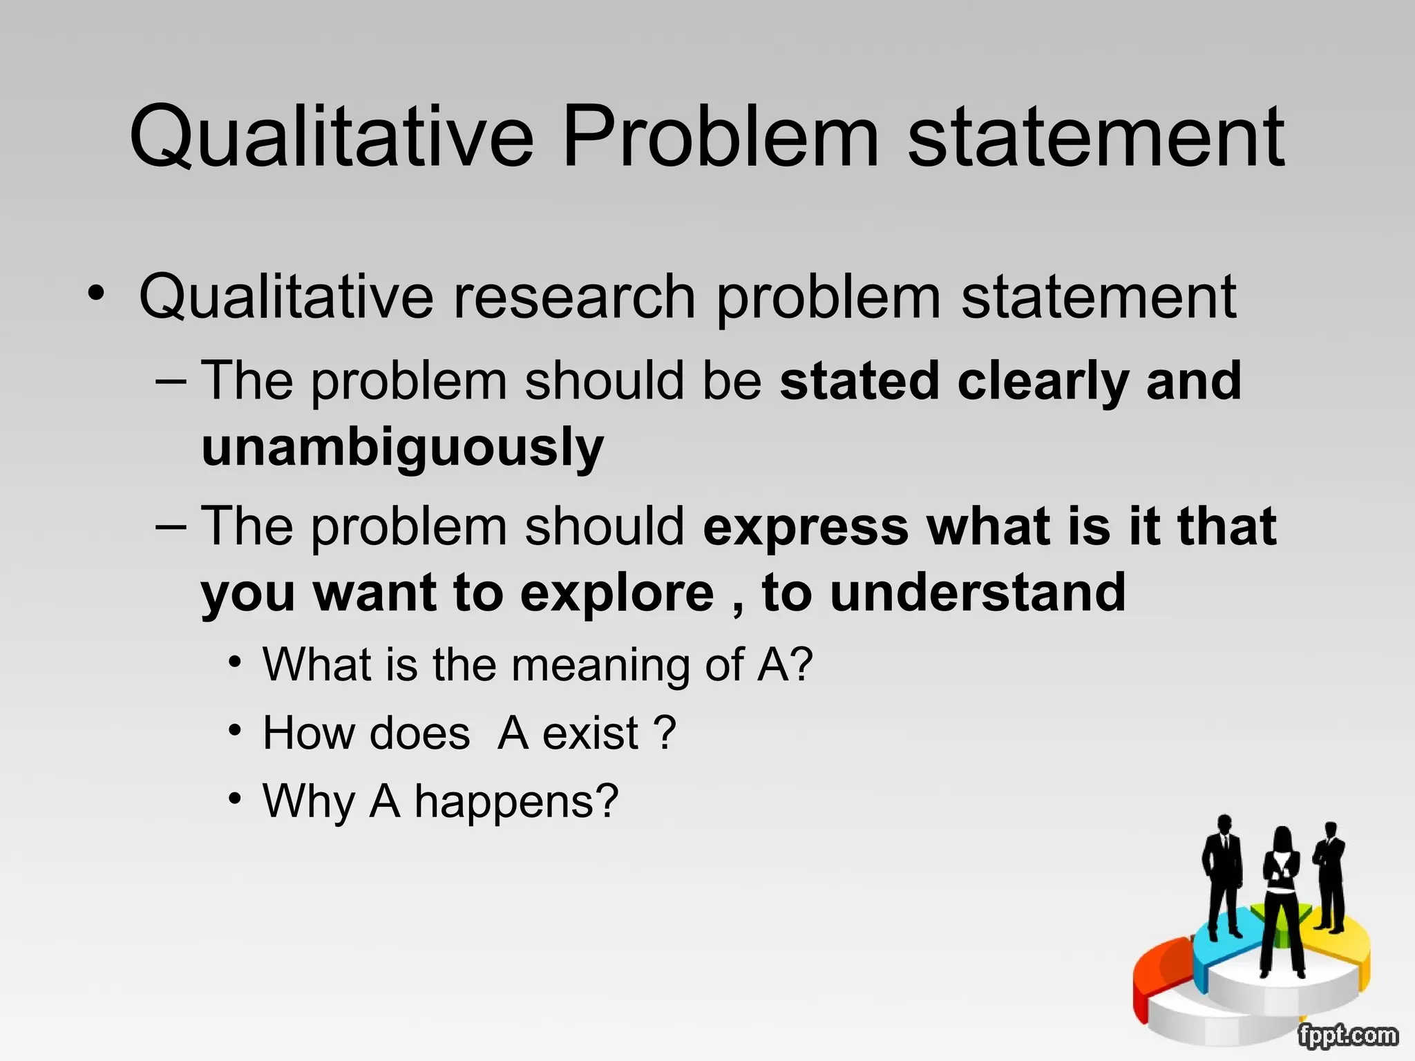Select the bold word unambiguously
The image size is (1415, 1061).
(x=403, y=448)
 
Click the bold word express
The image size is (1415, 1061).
(x=806, y=526)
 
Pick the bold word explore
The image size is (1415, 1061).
(x=617, y=593)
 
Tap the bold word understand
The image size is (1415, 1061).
(x=978, y=593)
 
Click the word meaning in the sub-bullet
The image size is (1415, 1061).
(x=600, y=665)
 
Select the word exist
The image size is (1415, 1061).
(x=591, y=733)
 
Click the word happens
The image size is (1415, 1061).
(x=515, y=801)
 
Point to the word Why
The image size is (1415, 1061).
(x=309, y=801)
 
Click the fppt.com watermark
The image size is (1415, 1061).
(x=1347, y=1035)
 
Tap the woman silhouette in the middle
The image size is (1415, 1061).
(x=1282, y=898)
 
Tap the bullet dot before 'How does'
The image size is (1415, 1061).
(x=236, y=730)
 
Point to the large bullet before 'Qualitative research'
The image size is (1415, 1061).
(x=96, y=294)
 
